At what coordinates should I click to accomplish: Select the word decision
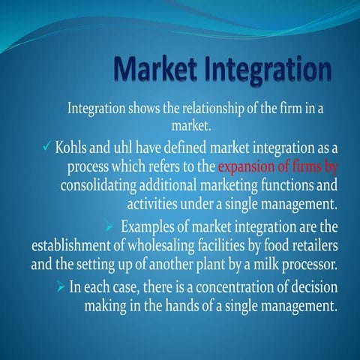click(313, 286)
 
